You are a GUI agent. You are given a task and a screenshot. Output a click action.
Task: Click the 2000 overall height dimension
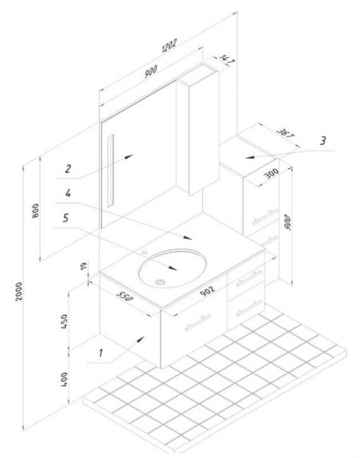19,291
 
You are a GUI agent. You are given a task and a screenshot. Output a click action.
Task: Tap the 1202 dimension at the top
169,46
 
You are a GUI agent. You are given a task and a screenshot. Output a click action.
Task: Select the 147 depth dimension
227,60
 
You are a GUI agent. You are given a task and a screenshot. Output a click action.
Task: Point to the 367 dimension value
285,133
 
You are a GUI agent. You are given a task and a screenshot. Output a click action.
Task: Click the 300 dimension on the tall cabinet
271,174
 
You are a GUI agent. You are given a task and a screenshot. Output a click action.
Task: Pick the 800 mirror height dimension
35,211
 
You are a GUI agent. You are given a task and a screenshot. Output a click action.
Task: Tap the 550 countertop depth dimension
125,296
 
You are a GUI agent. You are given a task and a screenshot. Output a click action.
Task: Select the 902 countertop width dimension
208,290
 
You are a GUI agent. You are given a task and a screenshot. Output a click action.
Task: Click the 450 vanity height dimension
64,321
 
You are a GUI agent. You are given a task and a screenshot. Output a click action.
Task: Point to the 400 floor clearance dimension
64,379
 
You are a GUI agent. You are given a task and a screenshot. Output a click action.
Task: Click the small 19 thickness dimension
84,266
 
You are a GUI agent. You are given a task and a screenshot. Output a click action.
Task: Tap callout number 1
101,353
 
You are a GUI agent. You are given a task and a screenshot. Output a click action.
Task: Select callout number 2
68,168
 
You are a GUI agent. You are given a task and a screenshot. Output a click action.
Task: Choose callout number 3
323,141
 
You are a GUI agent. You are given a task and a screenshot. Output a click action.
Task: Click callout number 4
68,193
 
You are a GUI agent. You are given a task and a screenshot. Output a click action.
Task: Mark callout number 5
66,218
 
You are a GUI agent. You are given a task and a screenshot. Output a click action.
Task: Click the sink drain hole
160,282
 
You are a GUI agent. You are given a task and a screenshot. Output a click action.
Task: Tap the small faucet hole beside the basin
144,252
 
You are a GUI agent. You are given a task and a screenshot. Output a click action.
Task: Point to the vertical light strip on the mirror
111,171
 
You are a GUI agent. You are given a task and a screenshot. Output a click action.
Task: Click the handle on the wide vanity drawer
198,322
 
